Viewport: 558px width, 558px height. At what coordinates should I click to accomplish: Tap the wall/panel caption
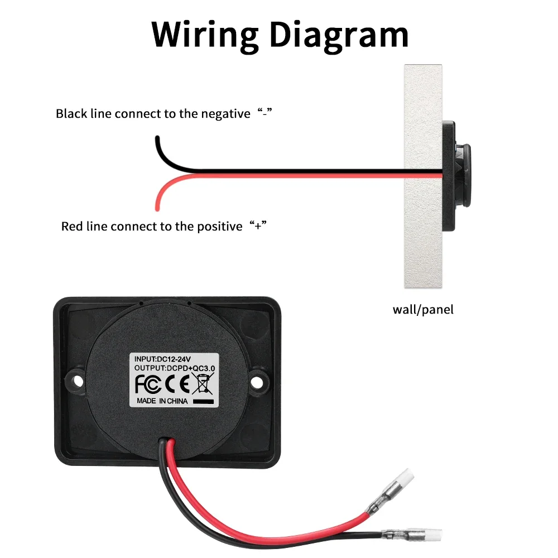coord(423,309)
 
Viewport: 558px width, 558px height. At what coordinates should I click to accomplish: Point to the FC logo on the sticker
coord(148,384)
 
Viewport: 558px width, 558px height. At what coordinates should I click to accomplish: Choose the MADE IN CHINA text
coord(162,401)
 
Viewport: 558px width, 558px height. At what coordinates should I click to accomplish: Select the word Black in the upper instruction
coord(71,114)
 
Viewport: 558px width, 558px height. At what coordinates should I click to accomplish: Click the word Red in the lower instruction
coord(71,227)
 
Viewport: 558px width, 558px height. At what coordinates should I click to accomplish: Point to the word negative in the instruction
coord(225,114)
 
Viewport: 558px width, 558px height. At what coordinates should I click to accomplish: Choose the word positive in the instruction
coord(220,227)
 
